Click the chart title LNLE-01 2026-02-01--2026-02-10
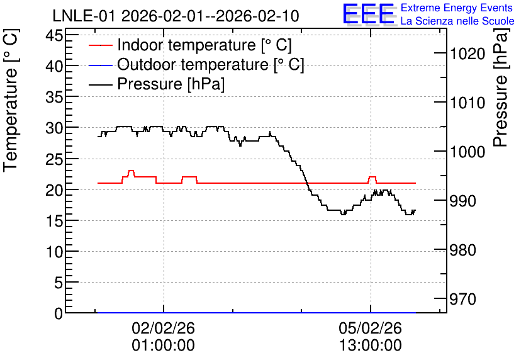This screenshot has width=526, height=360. [x=176, y=16]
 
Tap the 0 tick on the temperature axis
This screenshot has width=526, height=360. [x=59, y=313]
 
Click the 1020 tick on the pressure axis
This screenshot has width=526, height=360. [x=467, y=53]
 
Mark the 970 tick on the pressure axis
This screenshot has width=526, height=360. [x=463, y=299]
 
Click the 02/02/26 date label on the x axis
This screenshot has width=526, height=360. [x=164, y=328]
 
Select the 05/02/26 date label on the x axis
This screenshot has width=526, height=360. [x=371, y=328]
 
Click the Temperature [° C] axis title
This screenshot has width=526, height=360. [x=11, y=101]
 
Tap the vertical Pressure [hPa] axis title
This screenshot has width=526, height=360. [x=501, y=87]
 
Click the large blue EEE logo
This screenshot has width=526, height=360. [x=369, y=14]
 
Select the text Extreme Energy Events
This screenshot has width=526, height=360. [x=457, y=8]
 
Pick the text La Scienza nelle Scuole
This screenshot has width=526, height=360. [x=457, y=21]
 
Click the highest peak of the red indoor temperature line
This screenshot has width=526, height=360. [x=131, y=171]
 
